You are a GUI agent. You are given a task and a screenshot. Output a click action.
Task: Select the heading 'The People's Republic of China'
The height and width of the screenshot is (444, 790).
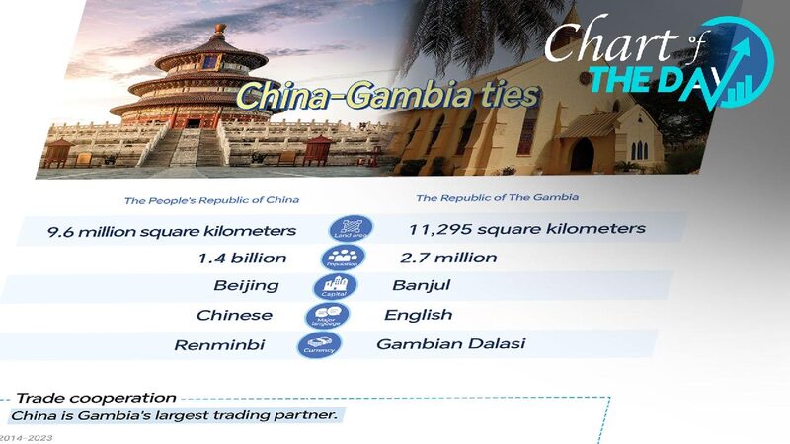pos(211,200)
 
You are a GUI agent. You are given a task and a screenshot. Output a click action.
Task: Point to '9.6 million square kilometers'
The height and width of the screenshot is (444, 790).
pos(172,231)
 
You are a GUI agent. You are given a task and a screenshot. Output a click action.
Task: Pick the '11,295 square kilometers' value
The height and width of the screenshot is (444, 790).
pos(526,229)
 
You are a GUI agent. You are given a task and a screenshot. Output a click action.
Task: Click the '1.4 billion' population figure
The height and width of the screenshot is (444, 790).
pos(242,259)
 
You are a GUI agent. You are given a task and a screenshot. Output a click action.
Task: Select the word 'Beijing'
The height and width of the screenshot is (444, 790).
pos(247,286)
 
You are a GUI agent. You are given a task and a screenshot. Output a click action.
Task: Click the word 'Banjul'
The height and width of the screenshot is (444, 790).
pos(422,286)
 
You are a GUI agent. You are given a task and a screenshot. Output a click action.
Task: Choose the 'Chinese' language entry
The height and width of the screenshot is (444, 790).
pos(234,316)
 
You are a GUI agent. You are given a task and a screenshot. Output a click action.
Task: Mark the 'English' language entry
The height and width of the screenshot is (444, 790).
pos(419,315)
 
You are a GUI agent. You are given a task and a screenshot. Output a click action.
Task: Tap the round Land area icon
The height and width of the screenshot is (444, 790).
pos(352,229)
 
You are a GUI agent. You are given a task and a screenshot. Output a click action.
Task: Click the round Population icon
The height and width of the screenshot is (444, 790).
pos(343,259)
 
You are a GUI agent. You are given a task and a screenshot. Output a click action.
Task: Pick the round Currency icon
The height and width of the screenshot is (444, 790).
pos(319,345)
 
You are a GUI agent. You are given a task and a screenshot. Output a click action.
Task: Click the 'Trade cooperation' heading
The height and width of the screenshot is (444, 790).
pos(96,397)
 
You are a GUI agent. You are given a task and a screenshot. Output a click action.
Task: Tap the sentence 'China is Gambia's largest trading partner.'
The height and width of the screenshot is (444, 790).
pos(174,415)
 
